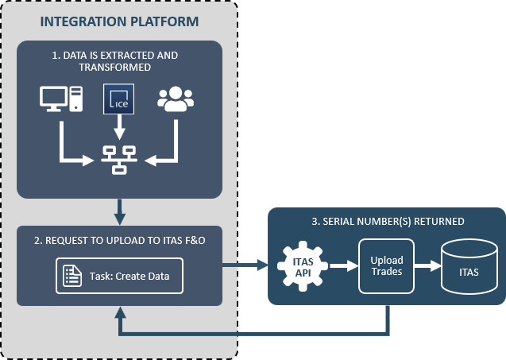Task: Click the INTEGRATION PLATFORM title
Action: (x=119, y=21)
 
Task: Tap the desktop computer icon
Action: (x=61, y=99)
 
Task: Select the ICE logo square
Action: (x=118, y=99)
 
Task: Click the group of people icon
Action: (x=176, y=99)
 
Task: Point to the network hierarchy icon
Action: (x=119, y=160)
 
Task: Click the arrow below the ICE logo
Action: (x=119, y=127)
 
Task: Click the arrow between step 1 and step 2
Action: (x=120, y=212)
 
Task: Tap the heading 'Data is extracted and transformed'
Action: (x=115, y=61)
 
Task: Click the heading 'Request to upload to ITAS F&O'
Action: (x=120, y=241)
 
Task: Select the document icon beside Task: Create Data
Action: (x=72, y=276)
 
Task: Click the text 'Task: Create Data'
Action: (x=129, y=277)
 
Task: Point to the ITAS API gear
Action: (x=303, y=266)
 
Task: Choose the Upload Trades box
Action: (x=386, y=266)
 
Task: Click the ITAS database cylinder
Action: (x=469, y=267)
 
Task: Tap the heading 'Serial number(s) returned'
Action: (x=388, y=222)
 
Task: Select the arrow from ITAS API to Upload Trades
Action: (x=344, y=265)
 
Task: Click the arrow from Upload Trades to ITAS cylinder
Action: (x=428, y=265)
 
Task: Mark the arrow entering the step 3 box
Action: (x=245, y=265)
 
